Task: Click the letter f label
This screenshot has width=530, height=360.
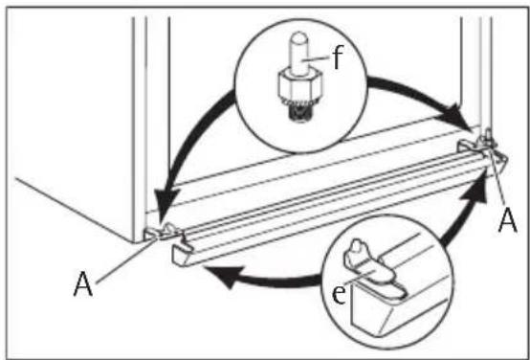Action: [x=337, y=57]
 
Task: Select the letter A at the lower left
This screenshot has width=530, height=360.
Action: [x=83, y=284]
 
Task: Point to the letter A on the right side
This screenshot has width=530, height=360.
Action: [x=508, y=221]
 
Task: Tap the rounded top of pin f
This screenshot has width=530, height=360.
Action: [x=299, y=36]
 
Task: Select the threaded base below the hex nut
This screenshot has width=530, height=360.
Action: [x=298, y=110]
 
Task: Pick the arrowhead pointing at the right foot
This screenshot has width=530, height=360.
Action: [x=456, y=119]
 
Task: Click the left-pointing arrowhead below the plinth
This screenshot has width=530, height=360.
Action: [x=224, y=275]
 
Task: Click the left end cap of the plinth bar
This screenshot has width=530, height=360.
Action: [x=182, y=251]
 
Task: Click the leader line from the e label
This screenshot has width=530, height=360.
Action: [x=359, y=277]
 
